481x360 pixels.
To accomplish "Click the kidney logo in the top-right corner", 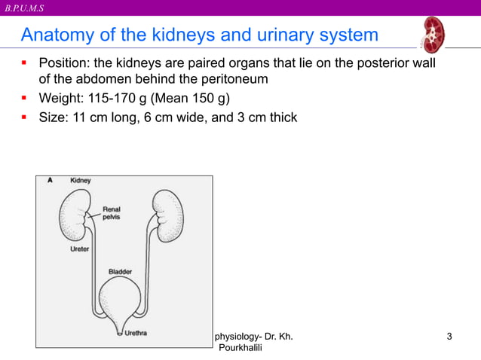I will [434, 35].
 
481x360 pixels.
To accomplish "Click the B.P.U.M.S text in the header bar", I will [24, 8].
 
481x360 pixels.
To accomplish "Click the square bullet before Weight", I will [25, 98].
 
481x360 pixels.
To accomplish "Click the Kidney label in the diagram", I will [81, 182].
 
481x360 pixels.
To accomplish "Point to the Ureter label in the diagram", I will [79, 249].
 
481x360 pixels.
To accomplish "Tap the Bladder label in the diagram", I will [120, 272].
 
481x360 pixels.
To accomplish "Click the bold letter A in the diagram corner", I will [50, 181].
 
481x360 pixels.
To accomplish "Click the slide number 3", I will [449, 335].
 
